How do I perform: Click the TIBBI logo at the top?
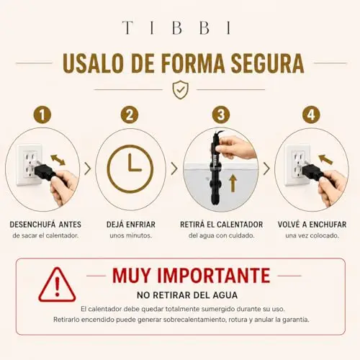coord(176,27)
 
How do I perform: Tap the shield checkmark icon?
coord(181,90)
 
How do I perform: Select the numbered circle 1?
coord(42,114)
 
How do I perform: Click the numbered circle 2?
coord(130,114)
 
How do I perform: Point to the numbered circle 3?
coord(221,114)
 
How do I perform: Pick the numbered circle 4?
coord(311,114)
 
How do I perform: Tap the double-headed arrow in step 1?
coord(58,160)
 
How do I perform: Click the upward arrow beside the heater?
coord(233,183)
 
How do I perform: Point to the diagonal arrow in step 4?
coord(325,159)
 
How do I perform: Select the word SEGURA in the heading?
coord(267,63)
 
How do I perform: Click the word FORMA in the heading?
coord(193,63)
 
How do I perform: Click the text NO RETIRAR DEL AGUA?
coord(187,295)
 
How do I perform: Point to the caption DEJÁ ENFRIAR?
coord(131,225)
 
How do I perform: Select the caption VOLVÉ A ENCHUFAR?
coord(312,225)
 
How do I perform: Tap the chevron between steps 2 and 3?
coord(174,168)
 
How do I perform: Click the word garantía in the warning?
coord(297,320)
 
